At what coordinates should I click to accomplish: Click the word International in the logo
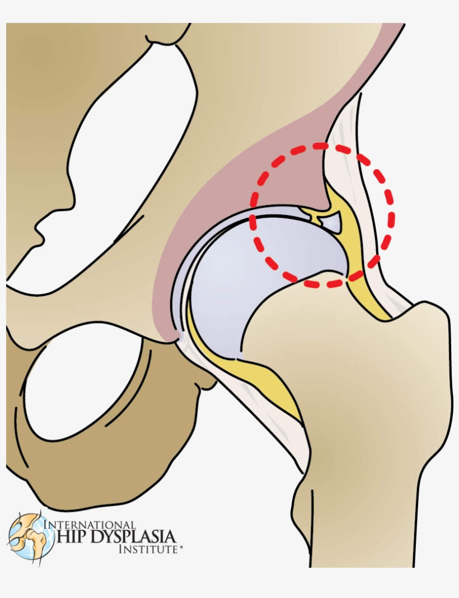(x=90, y=525)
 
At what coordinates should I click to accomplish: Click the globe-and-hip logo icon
(x=31, y=536)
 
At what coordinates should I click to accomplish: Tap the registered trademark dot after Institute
(x=180, y=550)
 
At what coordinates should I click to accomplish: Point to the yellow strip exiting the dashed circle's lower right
(x=369, y=297)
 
